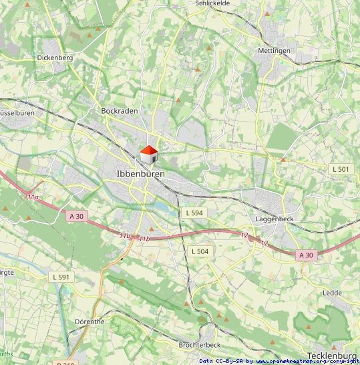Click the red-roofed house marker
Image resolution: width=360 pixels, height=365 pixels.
148,154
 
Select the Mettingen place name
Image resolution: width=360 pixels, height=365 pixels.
274,51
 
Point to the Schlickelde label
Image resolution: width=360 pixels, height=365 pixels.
212,3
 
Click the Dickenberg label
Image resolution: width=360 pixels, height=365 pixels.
55,58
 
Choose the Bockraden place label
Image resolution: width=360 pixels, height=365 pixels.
118,111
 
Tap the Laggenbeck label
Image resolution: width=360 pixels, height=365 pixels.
275,219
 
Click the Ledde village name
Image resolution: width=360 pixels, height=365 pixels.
332,293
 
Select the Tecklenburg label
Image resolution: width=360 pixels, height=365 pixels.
333,356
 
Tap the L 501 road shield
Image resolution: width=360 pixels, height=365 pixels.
341,169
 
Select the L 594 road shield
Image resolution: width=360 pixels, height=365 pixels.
194,213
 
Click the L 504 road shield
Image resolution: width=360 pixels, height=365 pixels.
200,251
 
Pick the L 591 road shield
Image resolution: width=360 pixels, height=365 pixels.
61,277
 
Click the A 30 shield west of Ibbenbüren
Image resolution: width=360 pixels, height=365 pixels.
76,215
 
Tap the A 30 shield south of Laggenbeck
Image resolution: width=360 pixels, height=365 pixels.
306,255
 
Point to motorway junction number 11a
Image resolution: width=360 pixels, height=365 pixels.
33,198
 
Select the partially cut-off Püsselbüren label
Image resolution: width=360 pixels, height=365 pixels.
16,114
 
